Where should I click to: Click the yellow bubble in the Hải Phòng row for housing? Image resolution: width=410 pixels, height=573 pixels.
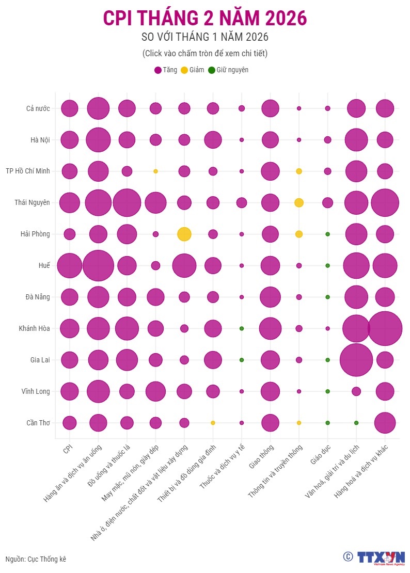pos(184,234)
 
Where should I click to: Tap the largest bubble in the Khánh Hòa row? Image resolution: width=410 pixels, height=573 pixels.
pos(385,328)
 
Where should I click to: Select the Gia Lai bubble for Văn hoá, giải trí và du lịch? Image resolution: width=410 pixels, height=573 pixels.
pos(356,360)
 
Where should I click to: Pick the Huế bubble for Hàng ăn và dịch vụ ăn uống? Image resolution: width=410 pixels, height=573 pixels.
pos(98,265)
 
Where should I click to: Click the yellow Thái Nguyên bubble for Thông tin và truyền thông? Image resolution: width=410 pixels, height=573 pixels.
pos(298,202)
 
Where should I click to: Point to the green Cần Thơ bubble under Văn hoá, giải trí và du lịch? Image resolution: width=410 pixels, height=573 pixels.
pos(356,423)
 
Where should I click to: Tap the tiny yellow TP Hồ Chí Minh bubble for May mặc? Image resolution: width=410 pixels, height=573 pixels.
pos(155,171)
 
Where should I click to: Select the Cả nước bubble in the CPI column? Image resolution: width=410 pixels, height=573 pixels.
pos(69,108)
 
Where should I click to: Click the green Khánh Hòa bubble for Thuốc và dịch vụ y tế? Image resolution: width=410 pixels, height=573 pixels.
pos(241,328)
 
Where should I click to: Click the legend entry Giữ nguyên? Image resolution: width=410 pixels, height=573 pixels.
pos(228,70)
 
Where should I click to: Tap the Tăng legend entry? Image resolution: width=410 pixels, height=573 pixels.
pos(165,70)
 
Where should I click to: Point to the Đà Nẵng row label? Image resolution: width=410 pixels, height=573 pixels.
pos(38,297)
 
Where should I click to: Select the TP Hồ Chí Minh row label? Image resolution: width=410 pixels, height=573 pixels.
pos(28,171)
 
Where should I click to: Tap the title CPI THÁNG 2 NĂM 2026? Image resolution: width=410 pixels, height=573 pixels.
pos(205,18)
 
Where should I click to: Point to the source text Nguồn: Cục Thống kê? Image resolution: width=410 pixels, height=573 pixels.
pos(36,559)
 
